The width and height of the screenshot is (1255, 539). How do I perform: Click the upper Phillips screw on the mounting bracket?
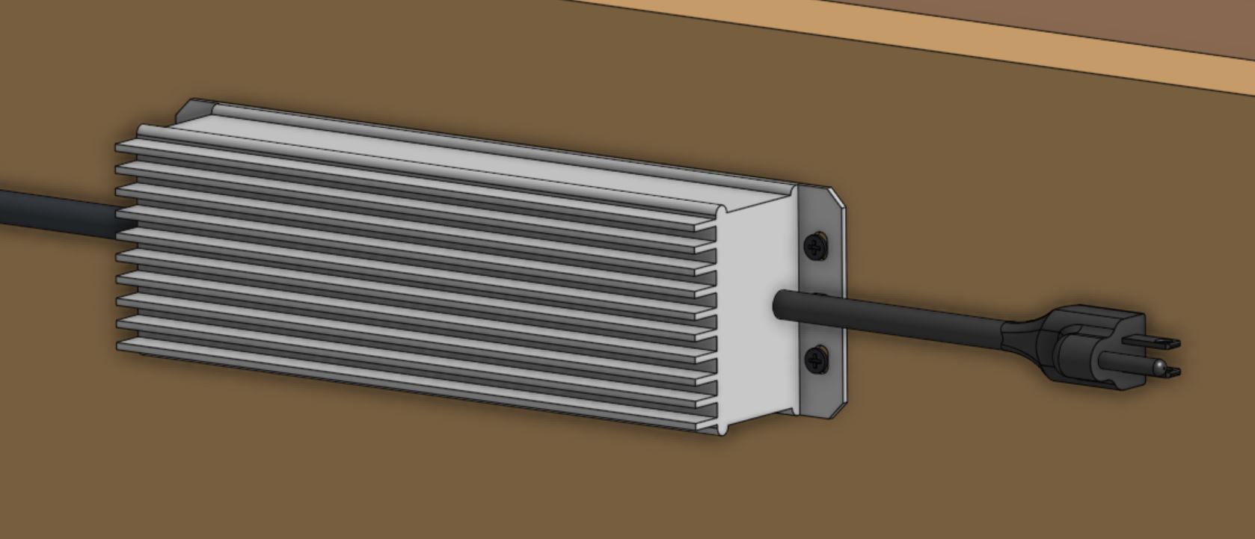click(x=815, y=246)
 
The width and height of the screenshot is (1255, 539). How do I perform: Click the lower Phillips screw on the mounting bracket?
click(x=816, y=360)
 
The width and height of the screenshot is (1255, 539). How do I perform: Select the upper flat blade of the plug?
click(x=1160, y=342)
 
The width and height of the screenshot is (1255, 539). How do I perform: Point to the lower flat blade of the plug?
click(x=1170, y=371)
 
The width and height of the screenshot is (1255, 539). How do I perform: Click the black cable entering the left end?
click(x=52, y=209)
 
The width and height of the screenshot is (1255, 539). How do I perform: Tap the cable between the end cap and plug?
click(x=897, y=314)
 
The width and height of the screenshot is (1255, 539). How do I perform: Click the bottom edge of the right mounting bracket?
click(x=823, y=413)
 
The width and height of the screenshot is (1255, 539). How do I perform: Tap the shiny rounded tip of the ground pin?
click(x=1158, y=366)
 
